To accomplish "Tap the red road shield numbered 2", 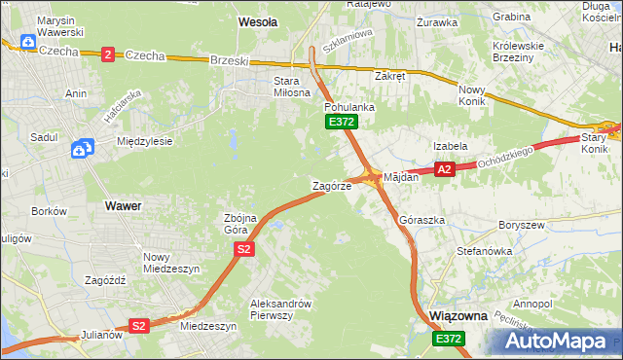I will coord(107,54).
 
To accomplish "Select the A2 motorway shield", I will coord(445,170).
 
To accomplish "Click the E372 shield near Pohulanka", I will coord(342,122).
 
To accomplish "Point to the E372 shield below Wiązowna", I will coord(449,338).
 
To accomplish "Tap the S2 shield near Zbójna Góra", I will coord(243,250).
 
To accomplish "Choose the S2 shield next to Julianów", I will coord(139,326).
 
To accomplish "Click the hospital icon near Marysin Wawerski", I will coord(28,44).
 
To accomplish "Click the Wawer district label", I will coord(122,206).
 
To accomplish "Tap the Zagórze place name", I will coord(331,186).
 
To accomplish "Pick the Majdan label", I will coord(401,178).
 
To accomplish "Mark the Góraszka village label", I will coord(422,221).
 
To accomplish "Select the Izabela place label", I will coord(451,146).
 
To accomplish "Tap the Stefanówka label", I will coord(484,251).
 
